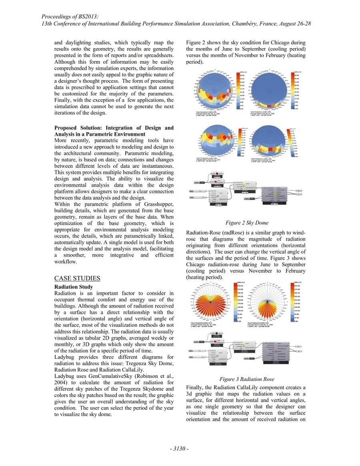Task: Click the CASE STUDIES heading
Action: tap(77, 278)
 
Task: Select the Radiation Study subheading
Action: tap(74, 287)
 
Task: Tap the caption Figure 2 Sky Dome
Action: tap(247, 223)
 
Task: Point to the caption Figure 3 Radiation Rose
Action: tap(247, 379)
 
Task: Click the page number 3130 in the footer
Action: tap(180, 449)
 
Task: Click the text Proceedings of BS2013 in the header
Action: tap(70, 16)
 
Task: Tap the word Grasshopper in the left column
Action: tap(155, 204)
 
